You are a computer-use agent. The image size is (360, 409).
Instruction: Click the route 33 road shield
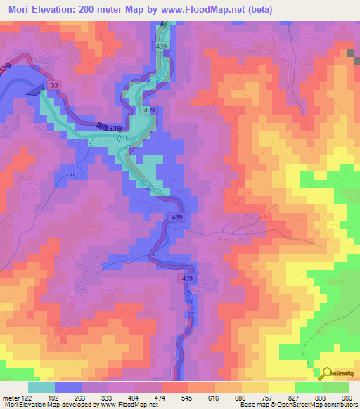coord(55,84)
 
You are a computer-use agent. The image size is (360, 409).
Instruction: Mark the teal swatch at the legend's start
coord(41,387)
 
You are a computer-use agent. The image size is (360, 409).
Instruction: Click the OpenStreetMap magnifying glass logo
coord(326,372)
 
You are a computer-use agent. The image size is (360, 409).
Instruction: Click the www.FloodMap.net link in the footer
coord(129,405)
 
